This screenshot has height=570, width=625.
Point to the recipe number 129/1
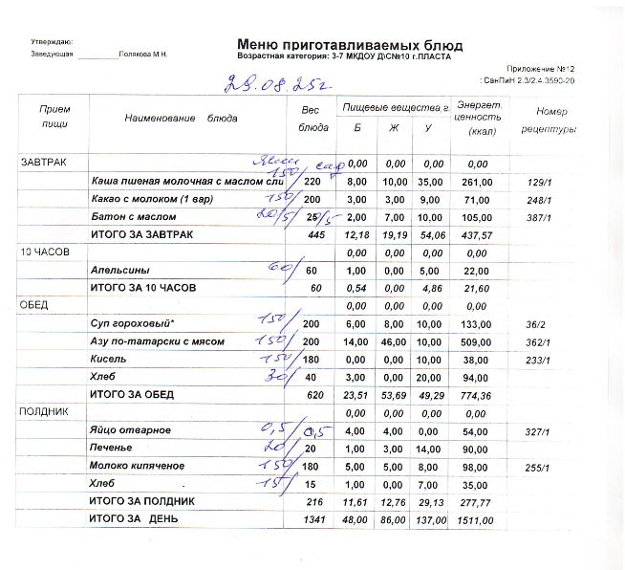point(540,182)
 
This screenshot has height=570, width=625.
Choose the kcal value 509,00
point(475,341)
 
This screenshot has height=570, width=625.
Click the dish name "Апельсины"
point(119,270)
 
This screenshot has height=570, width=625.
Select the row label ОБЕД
point(33,305)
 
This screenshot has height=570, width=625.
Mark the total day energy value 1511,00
point(475,520)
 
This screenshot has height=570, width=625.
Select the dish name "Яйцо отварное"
point(130,431)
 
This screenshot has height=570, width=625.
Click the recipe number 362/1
point(539,341)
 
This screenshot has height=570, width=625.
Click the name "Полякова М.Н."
point(143,55)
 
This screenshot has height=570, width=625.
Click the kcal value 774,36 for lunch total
point(475,394)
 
